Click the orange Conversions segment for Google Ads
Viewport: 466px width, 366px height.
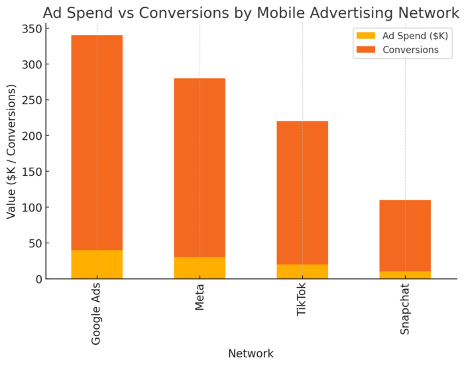pyautogui.click(x=97, y=143)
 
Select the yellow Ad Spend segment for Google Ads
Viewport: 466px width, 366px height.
pyautogui.click(x=97, y=265)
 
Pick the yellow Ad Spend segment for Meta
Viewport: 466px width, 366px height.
pyautogui.click(x=200, y=268)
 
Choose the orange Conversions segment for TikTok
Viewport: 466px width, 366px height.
pyautogui.click(x=302, y=193)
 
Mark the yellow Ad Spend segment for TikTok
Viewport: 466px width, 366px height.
pyautogui.click(x=302, y=272)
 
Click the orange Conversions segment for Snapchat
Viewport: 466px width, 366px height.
pyautogui.click(x=405, y=235)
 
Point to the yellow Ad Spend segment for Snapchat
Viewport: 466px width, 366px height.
pyautogui.click(x=405, y=275)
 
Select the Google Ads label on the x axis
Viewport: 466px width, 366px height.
pyautogui.click(x=97, y=315)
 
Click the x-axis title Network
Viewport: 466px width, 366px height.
pyautogui.click(x=251, y=353)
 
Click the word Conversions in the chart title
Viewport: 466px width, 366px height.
pyautogui.click(x=202, y=13)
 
